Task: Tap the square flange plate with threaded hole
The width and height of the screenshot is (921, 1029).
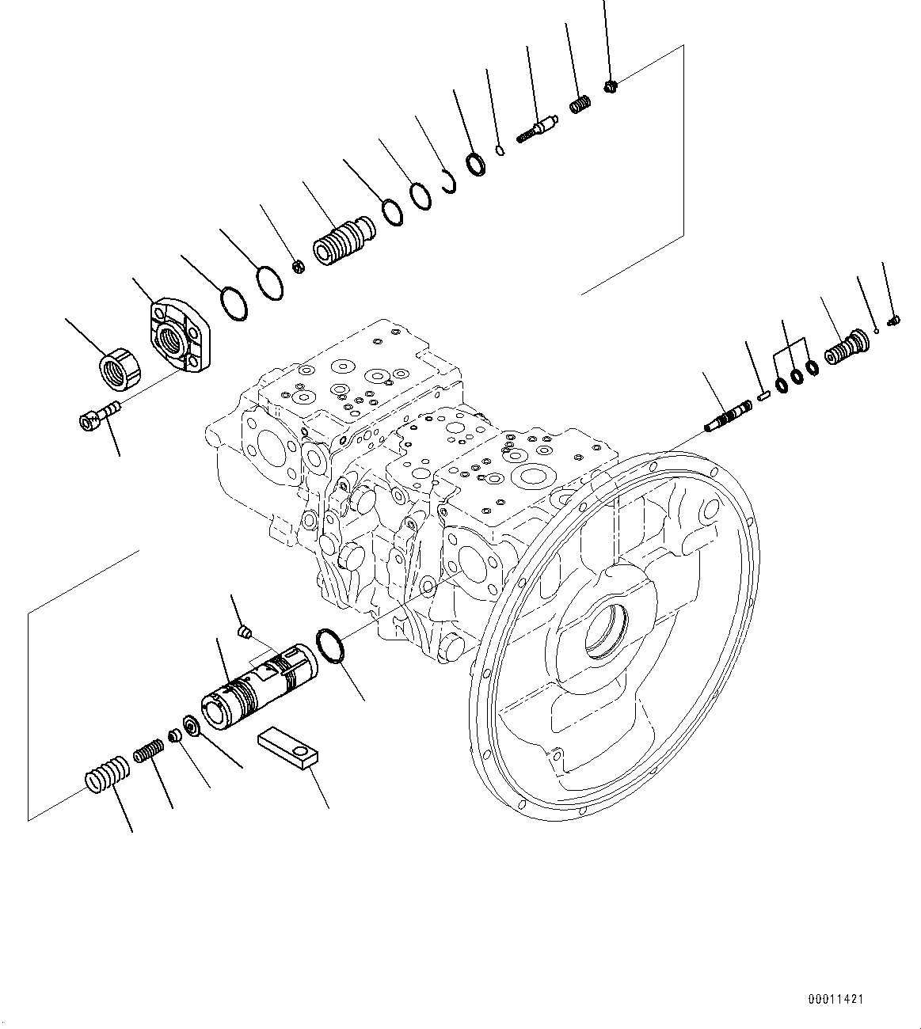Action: pyautogui.click(x=178, y=336)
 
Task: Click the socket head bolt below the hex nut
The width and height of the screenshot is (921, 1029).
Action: pyautogui.click(x=98, y=415)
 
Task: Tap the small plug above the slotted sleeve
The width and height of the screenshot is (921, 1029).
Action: pyautogui.click(x=245, y=631)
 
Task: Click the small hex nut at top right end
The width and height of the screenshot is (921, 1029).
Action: pyautogui.click(x=611, y=85)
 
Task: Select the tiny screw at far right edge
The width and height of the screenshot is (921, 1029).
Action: pyautogui.click(x=895, y=321)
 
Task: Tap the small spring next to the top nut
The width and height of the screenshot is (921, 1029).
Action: pyautogui.click(x=581, y=104)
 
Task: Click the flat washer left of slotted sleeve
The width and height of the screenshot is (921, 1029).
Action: pyautogui.click(x=190, y=724)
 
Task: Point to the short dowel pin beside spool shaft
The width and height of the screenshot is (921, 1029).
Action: pyautogui.click(x=764, y=395)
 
